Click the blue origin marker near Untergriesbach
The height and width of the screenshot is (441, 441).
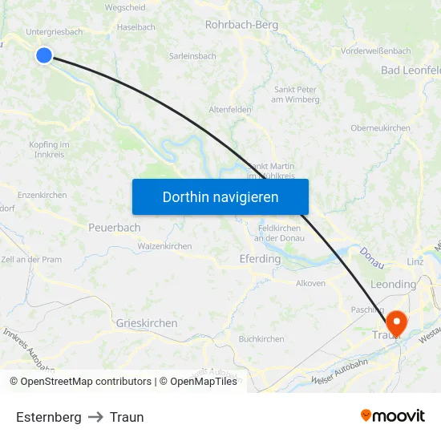coord(43,55)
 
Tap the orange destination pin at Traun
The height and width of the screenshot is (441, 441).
coord(395,322)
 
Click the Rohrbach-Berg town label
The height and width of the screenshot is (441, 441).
coord(241,25)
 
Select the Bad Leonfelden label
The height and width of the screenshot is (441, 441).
coord(410,71)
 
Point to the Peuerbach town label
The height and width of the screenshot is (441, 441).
coord(114,228)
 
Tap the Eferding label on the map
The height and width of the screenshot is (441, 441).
coord(260,259)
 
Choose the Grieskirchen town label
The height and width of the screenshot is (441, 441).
coord(147,323)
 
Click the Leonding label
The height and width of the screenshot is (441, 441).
coord(393,284)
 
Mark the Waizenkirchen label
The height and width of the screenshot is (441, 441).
coord(164,246)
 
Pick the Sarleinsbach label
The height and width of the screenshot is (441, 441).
coord(192,56)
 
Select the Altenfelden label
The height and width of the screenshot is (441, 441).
coord(230,109)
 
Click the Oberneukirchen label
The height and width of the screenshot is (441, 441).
coord(380,128)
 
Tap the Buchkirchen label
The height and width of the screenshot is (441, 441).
coord(261,339)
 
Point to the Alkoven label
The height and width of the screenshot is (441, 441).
coord(310,283)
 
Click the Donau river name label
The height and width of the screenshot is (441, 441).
coord(372,257)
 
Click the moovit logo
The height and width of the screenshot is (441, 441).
coord(392,415)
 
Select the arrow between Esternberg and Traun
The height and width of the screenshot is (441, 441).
coord(95,417)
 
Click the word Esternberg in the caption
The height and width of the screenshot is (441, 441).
coord(48,417)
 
